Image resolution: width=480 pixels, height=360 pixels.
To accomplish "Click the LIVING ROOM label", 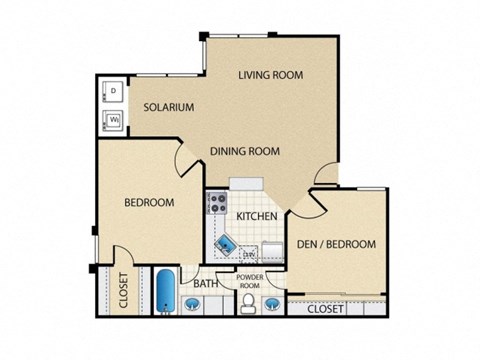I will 270,75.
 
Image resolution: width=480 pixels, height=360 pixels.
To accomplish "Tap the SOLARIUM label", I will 167,107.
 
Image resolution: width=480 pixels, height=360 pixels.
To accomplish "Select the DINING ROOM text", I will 244,152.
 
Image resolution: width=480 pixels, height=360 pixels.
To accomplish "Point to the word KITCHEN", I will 256,216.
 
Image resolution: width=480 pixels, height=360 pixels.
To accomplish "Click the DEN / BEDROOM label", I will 336,244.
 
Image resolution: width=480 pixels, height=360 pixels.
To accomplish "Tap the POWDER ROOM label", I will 249,281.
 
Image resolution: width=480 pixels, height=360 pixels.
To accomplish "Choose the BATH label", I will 207,283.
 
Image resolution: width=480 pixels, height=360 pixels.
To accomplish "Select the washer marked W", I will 113,121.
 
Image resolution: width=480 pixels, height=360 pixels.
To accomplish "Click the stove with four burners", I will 217,204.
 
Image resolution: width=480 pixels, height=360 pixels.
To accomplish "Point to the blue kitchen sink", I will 223,243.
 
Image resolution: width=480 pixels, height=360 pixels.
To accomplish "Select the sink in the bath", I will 195,305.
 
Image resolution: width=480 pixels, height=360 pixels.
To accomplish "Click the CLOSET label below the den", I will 326,309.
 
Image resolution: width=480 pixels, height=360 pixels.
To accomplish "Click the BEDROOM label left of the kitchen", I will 148,203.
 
